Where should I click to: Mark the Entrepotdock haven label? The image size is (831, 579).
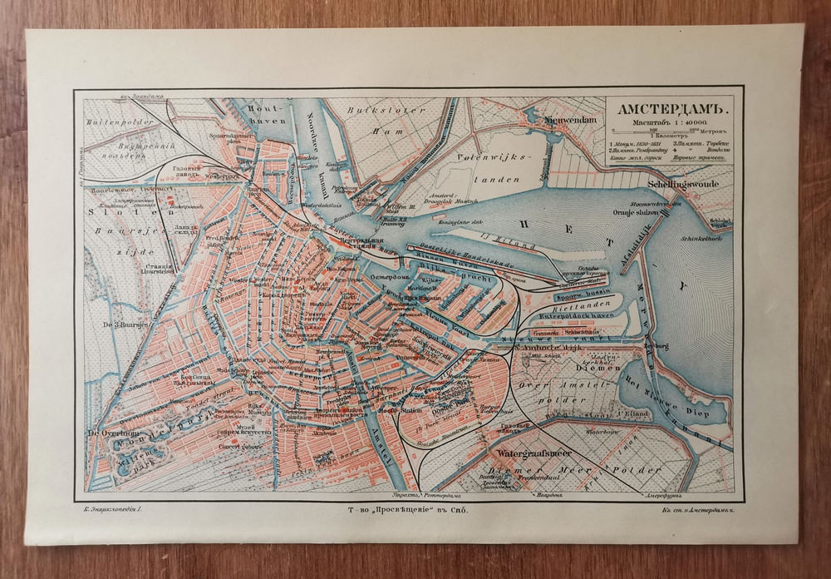point(577,318)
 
